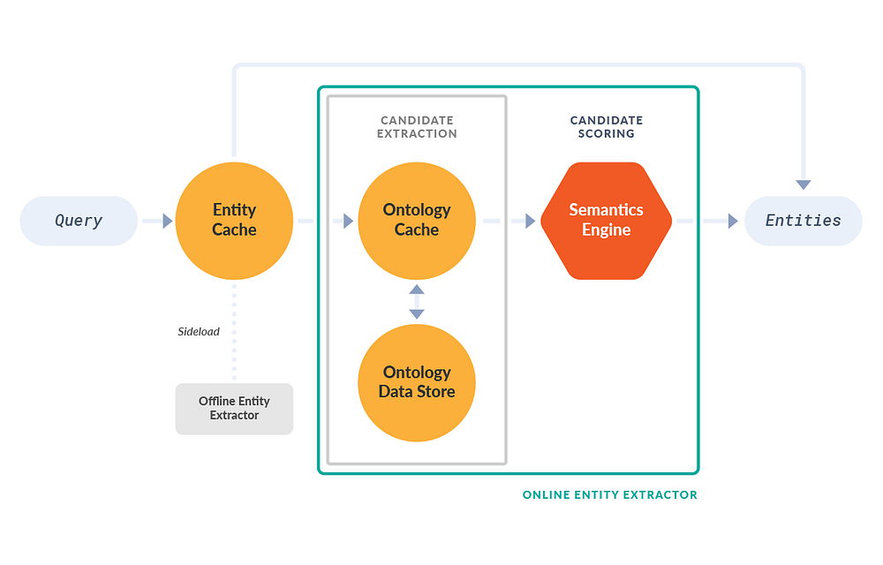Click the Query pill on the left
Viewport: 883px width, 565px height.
tap(79, 221)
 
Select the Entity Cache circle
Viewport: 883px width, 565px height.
tap(234, 221)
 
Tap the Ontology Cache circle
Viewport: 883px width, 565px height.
tap(417, 221)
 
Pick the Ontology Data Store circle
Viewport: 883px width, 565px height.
tap(417, 382)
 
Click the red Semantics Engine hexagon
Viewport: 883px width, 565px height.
tap(607, 221)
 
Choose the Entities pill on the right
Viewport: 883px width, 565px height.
tap(803, 221)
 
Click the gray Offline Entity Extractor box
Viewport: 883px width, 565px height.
tap(234, 409)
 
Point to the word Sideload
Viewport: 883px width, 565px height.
tap(199, 332)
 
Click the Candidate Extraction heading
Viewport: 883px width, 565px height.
tap(417, 127)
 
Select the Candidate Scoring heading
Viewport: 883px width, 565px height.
tap(607, 127)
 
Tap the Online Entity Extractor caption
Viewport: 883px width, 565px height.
tap(609, 495)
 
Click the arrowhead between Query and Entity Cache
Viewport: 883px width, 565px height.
tap(168, 221)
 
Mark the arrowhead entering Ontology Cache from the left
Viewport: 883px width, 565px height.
tap(348, 221)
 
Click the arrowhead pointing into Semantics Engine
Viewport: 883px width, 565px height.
tap(530, 221)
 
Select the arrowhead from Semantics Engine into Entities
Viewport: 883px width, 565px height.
tap(733, 221)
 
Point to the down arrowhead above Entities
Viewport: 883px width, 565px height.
tap(803, 185)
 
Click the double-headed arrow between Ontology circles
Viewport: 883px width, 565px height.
tap(417, 302)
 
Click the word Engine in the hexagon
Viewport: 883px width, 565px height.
tap(607, 230)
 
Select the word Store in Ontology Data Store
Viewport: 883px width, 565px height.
tap(435, 391)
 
